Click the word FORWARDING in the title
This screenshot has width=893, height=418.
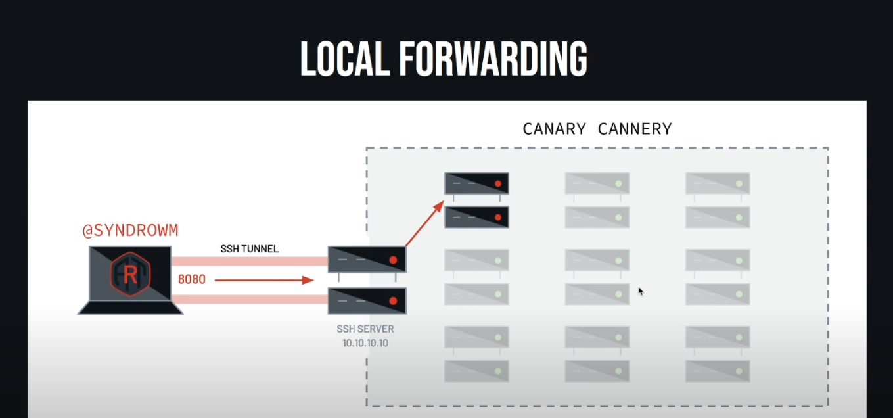coord(492,59)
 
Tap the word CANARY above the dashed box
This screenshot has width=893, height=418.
coord(553,129)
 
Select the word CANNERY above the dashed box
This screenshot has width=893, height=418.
coord(635,129)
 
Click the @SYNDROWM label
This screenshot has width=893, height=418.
coord(130,231)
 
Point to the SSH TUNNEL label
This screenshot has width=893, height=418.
coord(249,249)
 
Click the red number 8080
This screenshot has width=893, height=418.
coord(192,280)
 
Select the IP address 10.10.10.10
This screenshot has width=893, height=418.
coord(365,343)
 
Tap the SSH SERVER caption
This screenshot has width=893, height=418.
coord(365,329)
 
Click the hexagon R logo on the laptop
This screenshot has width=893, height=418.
coord(130,273)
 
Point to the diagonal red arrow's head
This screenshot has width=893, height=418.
coord(440,206)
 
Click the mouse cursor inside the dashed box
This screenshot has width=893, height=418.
coord(640,290)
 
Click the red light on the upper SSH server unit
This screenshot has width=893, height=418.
coord(393,260)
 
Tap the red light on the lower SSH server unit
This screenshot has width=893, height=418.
coord(393,301)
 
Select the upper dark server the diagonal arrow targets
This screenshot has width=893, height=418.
coord(476,183)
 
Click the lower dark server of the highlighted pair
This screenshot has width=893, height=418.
coord(476,217)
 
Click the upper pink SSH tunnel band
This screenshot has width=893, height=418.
coord(249,261)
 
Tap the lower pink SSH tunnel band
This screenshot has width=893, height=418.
coord(249,300)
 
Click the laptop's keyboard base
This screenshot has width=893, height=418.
coord(130,308)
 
